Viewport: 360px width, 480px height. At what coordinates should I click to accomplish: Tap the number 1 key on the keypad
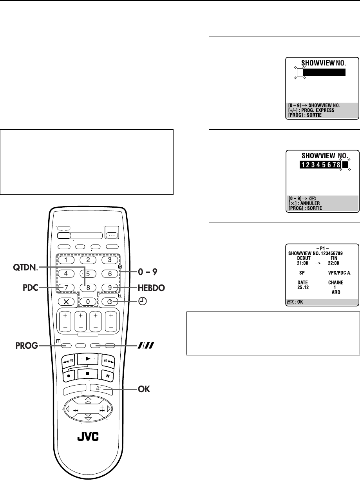pos(67,259)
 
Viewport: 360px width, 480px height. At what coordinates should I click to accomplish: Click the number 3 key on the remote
pos(111,259)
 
